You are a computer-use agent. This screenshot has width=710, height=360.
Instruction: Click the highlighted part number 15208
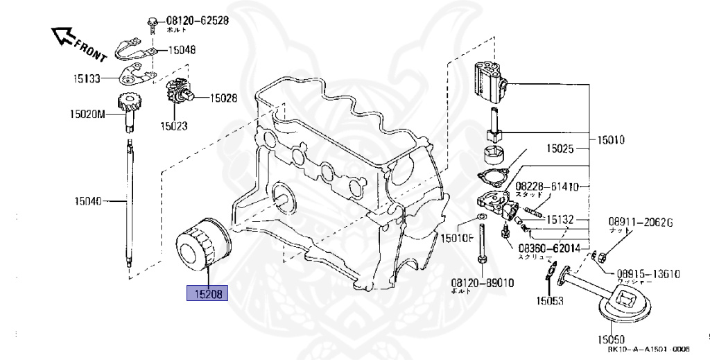(207, 293)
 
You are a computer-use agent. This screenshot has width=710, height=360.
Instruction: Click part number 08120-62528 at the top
(197, 21)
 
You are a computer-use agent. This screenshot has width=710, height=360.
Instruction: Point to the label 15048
(181, 50)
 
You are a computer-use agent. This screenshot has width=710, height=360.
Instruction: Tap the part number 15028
(223, 98)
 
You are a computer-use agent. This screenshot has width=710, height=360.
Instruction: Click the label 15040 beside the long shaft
(88, 202)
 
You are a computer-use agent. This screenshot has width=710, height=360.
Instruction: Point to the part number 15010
(610, 139)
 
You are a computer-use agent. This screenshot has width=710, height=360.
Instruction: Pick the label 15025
(560, 148)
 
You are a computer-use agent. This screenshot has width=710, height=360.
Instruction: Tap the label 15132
(560, 219)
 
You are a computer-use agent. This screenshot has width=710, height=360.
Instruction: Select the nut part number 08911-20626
(641, 222)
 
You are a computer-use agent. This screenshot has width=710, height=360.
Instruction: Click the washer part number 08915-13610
(648, 273)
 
